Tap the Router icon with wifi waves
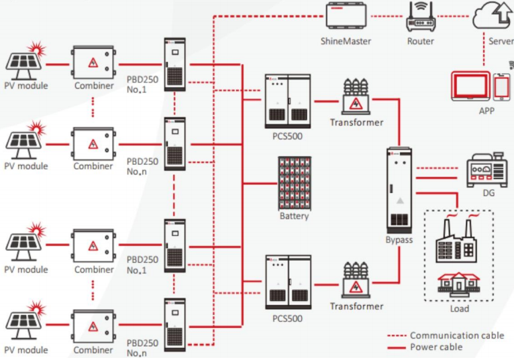(x=421, y=16)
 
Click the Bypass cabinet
(x=400, y=189)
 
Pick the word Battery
(x=295, y=217)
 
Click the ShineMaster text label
(x=346, y=41)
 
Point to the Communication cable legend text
(x=457, y=335)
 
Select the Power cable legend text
(x=436, y=347)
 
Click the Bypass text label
(x=399, y=239)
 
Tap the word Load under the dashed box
(x=460, y=309)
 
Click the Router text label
(x=421, y=41)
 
